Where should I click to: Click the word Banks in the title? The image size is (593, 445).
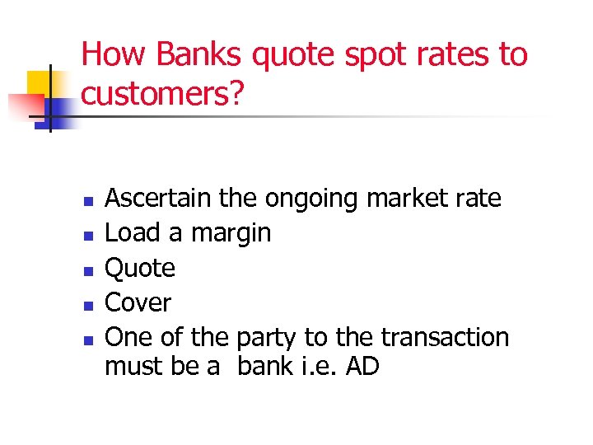[x=199, y=55]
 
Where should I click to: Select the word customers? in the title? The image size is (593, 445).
[x=164, y=96]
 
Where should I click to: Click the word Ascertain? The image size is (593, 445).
[x=158, y=199]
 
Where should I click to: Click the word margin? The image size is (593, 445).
[x=231, y=234]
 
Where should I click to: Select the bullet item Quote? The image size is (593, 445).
[x=140, y=269]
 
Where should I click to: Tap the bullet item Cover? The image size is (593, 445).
[x=138, y=303]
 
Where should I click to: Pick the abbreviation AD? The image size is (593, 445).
[x=362, y=366]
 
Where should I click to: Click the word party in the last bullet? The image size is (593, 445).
[x=267, y=339]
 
